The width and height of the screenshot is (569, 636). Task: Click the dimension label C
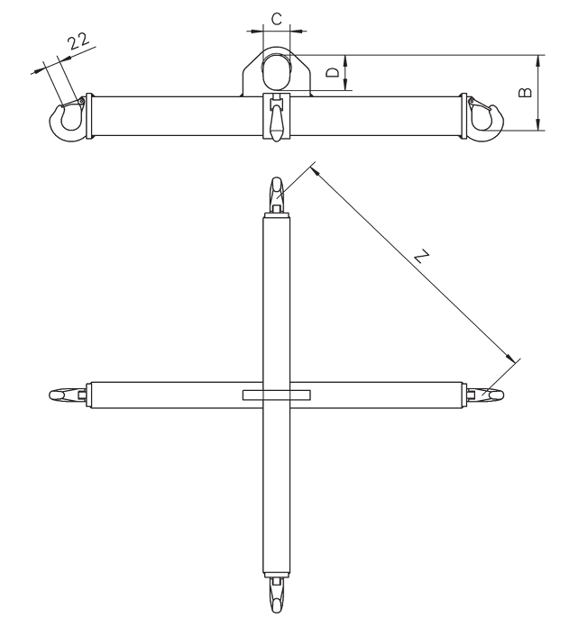point(277,17)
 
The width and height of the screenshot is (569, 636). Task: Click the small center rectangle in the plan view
point(276,395)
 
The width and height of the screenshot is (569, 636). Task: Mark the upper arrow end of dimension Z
point(312,167)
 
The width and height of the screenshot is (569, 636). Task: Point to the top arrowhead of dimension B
point(538,57)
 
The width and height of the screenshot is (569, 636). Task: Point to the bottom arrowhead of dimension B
point(538,128)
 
